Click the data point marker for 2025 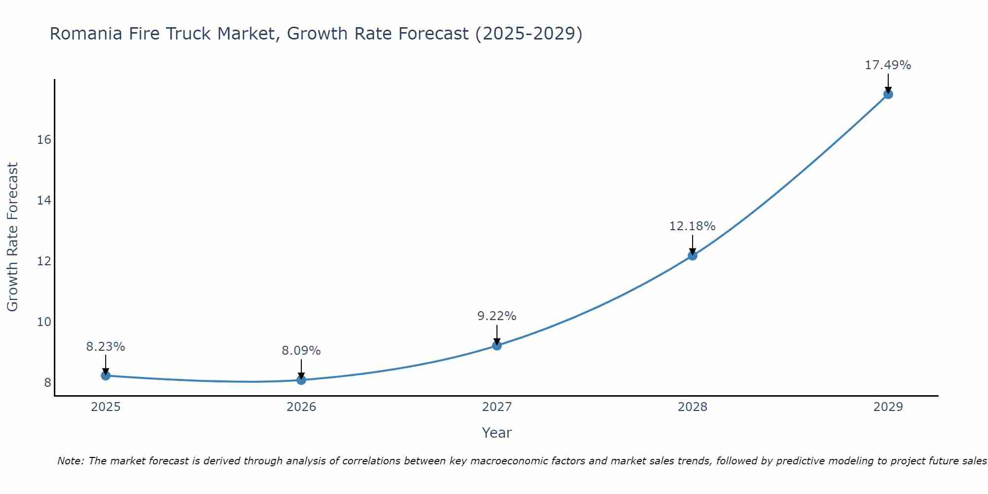[x=106, y=375]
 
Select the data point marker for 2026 [x=301, y=380]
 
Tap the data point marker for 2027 [x=497, y=345]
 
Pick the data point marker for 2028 [x=693, y=255]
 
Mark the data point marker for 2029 [x=888, y=94]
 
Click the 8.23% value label [x=106, y=347]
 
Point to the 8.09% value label [x=301, y=351]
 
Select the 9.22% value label [x=497, y=316]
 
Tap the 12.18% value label [x=693, y=226]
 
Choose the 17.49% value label [x=888, y=65]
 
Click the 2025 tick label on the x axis [x=106, y=407]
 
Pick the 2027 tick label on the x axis [x=497, y=407]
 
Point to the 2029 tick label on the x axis [x=888, y=407]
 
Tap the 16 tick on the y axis [x=44, y=140]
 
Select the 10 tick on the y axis [x=44, y=322]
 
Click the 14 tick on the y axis [x=44, y=201]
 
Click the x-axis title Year [x=497, y=433]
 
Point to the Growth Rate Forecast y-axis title [x=13, y=237]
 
